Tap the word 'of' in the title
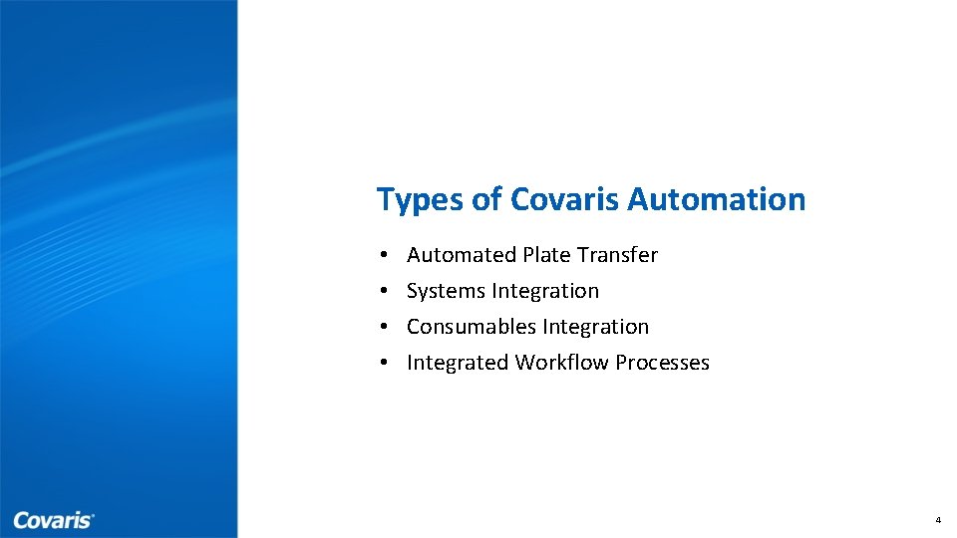tap(486, 199)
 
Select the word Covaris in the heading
tap(565, 199)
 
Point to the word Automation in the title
tap(716, 199)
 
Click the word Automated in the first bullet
tap(462, 255)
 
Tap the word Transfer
tap(618, 255)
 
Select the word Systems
tap(442, 292)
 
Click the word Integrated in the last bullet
tap(458, 363)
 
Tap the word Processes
tap(662, 363)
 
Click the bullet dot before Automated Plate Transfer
tap(384, 256)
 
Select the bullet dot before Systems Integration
tap(384, 292)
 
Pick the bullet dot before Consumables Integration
tap(384, 328)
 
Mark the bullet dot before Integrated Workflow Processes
tap(384, 364)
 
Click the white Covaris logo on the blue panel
tap(54, 520)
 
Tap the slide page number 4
tap(938, 521)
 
